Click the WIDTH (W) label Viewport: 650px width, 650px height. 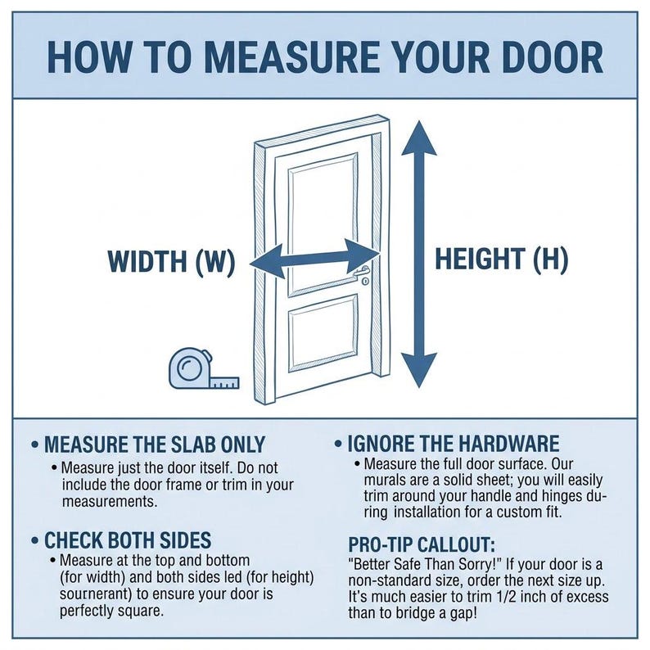coord(171,261)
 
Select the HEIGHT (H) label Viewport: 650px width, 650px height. coord(501,260)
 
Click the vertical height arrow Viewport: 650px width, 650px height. coord(422,254)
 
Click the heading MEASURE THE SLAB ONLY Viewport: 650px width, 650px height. coord(155,445)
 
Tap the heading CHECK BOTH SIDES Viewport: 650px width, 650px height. coord(128,540)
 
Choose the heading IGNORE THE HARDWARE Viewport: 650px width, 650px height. coord(453,445)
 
